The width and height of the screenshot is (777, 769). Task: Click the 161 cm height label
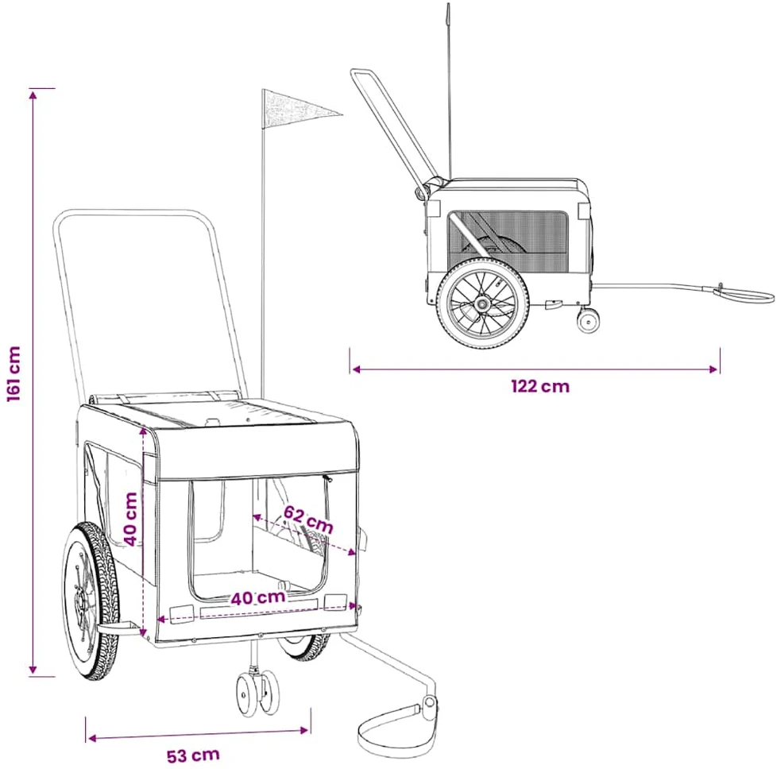[14, 374]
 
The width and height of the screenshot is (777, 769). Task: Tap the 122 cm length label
[540, 386]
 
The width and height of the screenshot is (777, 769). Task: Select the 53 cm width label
[193, 755]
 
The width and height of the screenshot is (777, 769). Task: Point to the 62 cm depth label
[308, 520]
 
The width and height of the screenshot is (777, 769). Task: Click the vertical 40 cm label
[130, 519]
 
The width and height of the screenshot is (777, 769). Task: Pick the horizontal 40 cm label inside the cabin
[258, 597]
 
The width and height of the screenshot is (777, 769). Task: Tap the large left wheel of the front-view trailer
[91, 601]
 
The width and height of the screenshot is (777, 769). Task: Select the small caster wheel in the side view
[588, 320]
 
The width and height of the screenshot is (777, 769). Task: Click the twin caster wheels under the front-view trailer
[257, 694]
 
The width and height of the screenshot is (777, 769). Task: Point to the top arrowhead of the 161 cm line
[33, 94]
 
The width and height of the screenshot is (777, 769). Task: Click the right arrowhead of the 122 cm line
[714, 369]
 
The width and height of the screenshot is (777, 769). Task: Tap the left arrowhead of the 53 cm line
[91, 738]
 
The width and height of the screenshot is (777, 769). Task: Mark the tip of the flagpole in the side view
[448, 4]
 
